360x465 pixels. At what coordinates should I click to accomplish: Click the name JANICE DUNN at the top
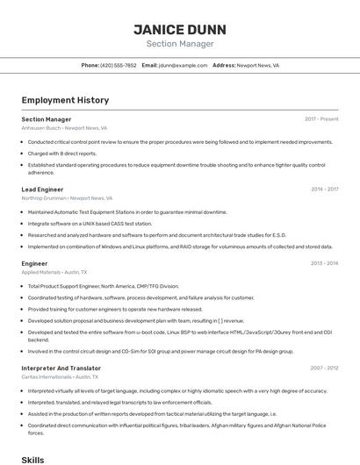[x=179, y=28]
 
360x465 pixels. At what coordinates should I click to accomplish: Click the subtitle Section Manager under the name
[x=179, y=44]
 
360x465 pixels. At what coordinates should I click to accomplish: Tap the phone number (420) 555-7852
[x=119, y=66]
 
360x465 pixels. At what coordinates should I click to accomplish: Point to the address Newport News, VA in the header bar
[x=258, y=66]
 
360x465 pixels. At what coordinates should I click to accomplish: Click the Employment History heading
[x=65, y=100]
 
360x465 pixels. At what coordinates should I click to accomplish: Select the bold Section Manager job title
[x=47, y=119]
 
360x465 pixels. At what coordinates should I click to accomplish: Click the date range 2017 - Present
[x=321, y=119]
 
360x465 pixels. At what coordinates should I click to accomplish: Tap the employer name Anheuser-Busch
[x=40, y=128]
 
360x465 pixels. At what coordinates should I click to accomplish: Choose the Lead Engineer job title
[x=42, y=190]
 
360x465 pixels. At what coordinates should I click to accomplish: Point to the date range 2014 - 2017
[x=324, y=190]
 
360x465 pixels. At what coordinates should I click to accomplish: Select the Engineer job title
[x=34, y=263]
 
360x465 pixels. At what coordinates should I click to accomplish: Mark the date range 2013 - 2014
[x=324, y=263]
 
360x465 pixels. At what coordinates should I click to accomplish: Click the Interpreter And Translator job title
[x=61, y=368]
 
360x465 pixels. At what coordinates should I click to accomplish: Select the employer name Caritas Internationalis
[x=46, y=378]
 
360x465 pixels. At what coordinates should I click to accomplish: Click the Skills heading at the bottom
[x=32, y=459]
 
